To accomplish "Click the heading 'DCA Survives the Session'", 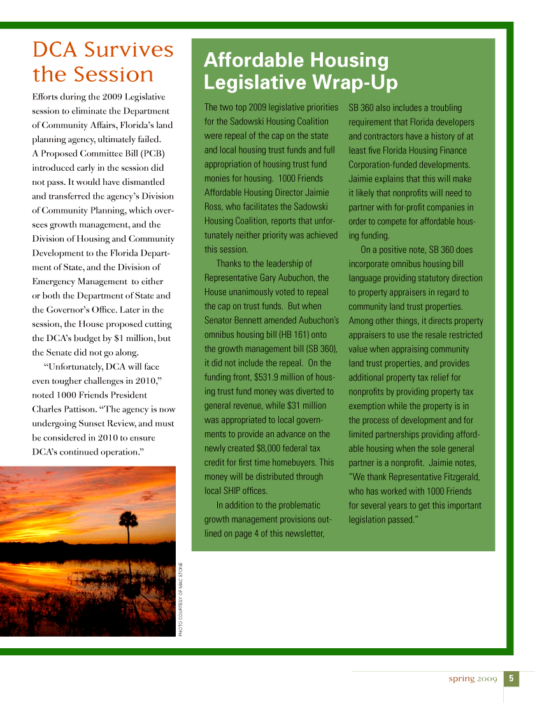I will [103, 62].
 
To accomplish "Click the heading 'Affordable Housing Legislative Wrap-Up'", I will [300, 71].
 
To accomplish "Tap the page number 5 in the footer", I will [511, 678].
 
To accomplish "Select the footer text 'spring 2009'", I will [472, 679].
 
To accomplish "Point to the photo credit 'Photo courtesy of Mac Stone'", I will [181, 598].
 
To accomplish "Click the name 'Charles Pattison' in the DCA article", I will [64, 409].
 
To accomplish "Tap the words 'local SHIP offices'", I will [236, 491].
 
